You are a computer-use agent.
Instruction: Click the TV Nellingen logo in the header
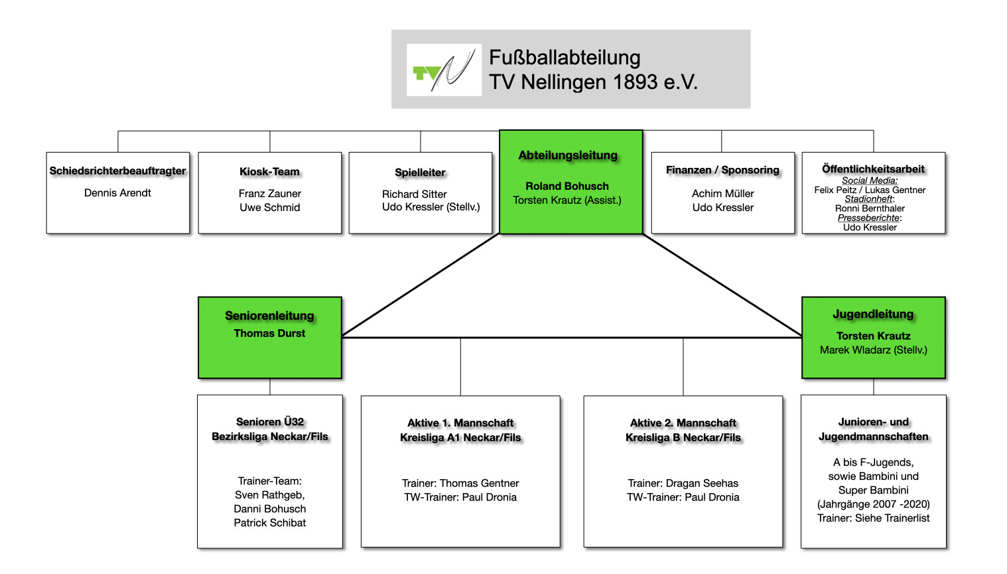(x=444, y=70)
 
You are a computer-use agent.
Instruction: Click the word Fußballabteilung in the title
(x=565, y=58)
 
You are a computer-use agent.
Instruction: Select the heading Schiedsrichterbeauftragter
(x=117, y=171)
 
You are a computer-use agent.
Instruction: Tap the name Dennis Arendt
(x=117, y=193)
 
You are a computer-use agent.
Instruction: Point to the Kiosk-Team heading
(x=269, y=172)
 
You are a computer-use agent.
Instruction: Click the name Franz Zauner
(x=269, y=194)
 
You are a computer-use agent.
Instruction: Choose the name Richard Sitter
(x=414, y=194)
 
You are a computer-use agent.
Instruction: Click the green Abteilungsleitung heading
(x=568, y=155)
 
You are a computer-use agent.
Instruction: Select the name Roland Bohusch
(x=567, y=186)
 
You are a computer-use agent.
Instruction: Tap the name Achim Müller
(x=722, y=194)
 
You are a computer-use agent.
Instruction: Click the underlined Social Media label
(x=869, y=180)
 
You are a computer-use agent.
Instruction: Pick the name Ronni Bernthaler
(x=870, y=208)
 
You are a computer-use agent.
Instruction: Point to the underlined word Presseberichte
(x=868, y=218)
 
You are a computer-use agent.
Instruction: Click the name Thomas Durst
(x=269, y=333)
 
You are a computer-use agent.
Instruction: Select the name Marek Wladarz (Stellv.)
(x=873, y=350)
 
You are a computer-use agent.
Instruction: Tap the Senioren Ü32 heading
(x=269, y=421)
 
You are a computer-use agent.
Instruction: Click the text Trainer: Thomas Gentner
(x=460, y=483)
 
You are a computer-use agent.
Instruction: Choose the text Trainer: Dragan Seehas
(x=683, y=483)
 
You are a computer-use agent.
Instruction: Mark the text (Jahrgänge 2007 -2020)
(x=873, y=504)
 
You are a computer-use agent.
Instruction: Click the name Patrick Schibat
(x=269, y=523)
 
